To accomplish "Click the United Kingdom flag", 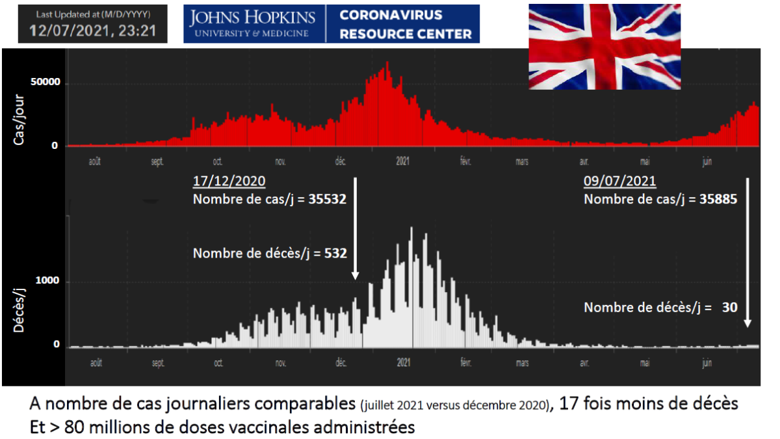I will pyautogui.click(x=604, y=47).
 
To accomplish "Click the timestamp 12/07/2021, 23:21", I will pyautogui.click(x=93, y=31).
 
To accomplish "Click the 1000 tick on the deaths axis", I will pyautogui.click(x=51, y=281).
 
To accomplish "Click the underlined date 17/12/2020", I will pyautogui.click(x=229, y=181).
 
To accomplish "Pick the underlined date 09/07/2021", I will pyautogui.click(x=620, y=181).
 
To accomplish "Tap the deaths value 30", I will pyautogui.click(x=729, y=307).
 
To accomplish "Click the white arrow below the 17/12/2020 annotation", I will pyautogui.click(x=355, y=228).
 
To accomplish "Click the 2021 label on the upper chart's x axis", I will pyautogui.click(x=403, y=162).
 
